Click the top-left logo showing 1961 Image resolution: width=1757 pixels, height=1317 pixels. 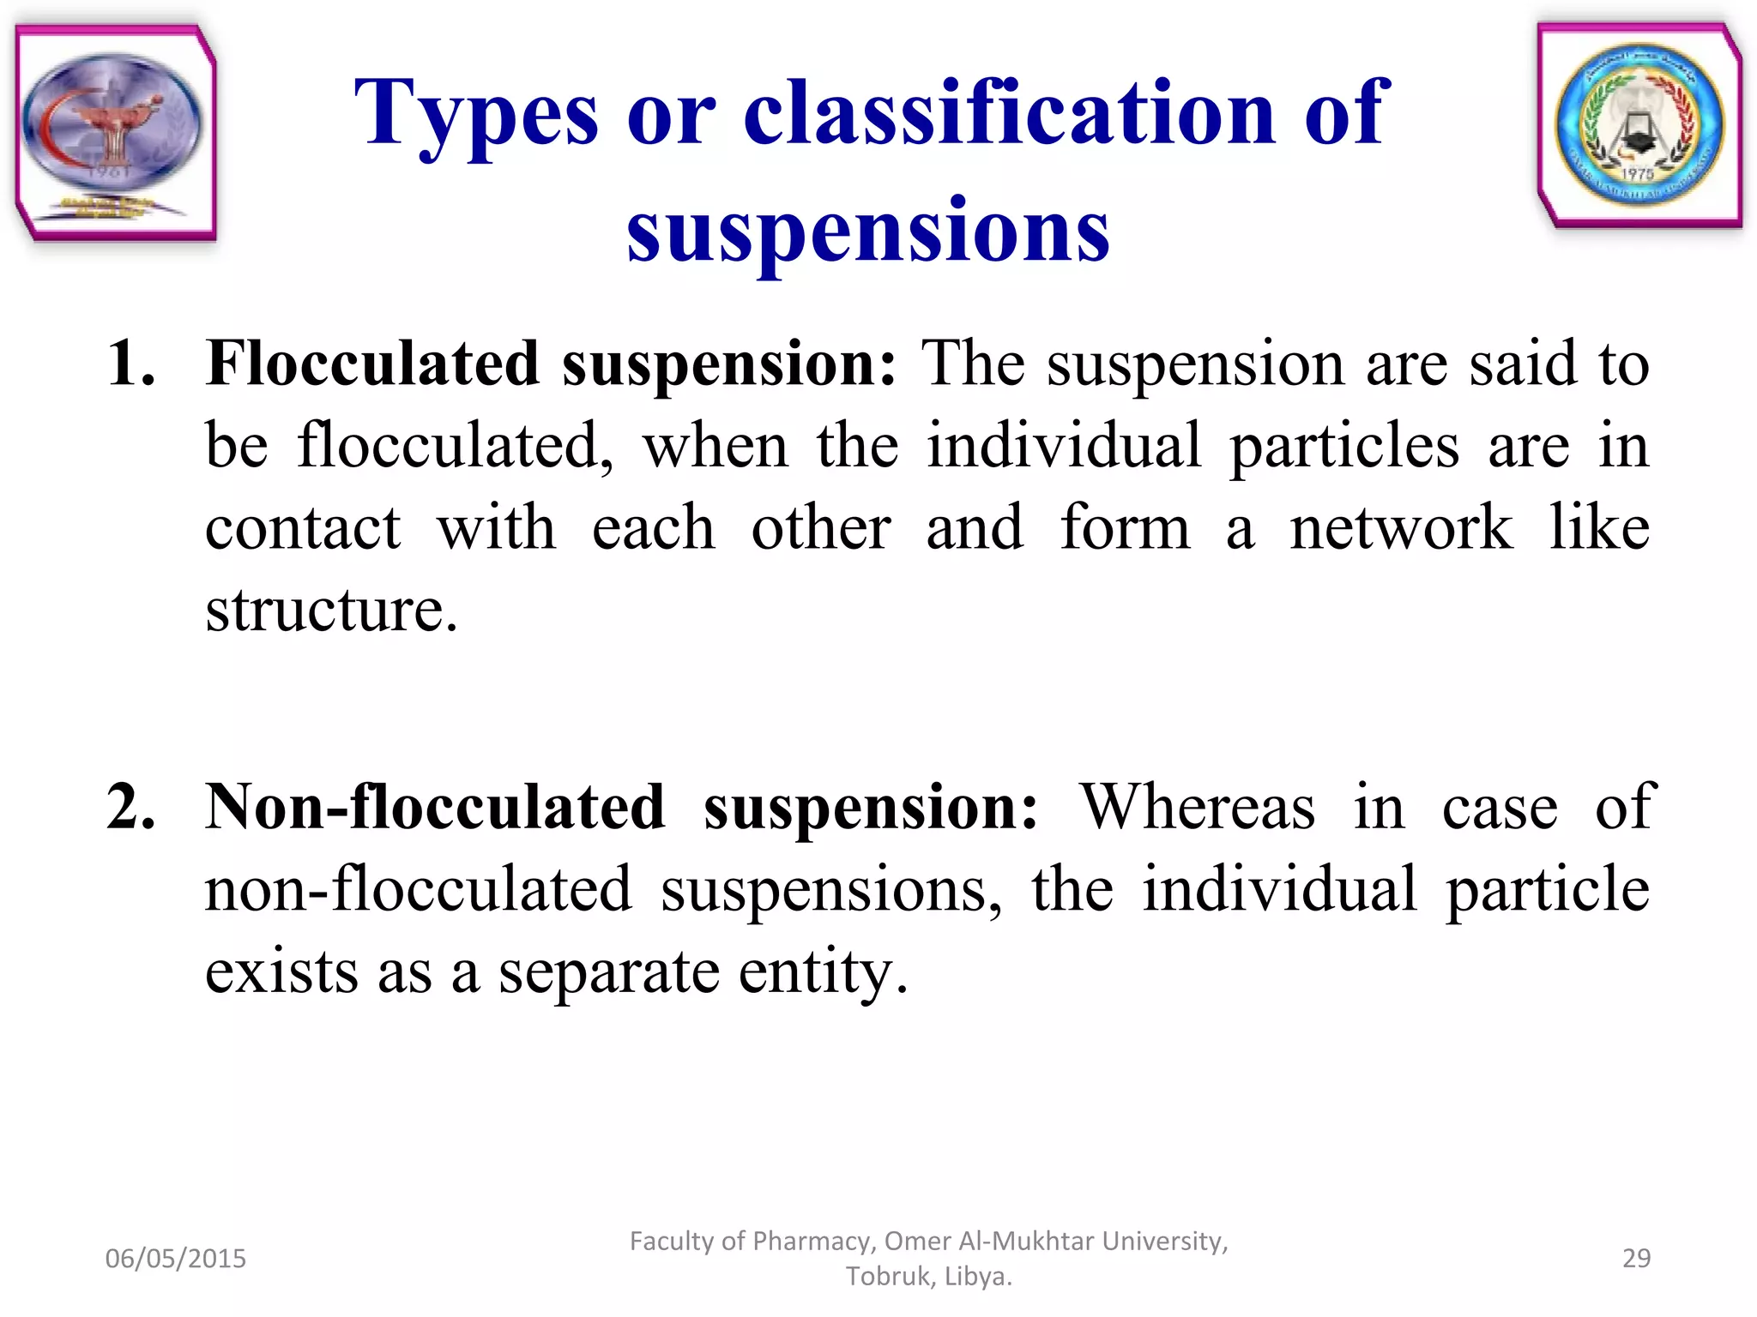click(x=115, y=133)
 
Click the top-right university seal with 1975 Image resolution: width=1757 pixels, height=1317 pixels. click(x=1639, y=127)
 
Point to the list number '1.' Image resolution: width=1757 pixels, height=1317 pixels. click(x=131, y=364)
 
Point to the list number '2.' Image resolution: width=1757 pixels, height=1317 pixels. click(x=131, y=807)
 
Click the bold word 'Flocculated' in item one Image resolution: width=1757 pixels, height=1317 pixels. click(x=372, y=364)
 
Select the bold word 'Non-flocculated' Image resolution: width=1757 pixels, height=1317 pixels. click(x=435, y=807)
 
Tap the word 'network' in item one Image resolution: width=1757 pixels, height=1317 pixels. click(x=1401, y=527)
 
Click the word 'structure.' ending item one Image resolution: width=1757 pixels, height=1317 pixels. click(x=331, y=610)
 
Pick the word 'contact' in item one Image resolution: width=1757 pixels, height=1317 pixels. click(x=302, y=527)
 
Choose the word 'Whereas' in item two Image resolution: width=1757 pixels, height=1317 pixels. click(x=1197, y=807)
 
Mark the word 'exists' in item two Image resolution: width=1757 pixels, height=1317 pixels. click(x=281, y=971)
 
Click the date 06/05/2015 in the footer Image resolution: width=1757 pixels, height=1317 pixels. click(x=175, y=1258)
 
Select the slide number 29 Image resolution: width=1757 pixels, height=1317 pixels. click(x=1636, y=1258)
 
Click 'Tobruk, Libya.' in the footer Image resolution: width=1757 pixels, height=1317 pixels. click(x=928, y=1276)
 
